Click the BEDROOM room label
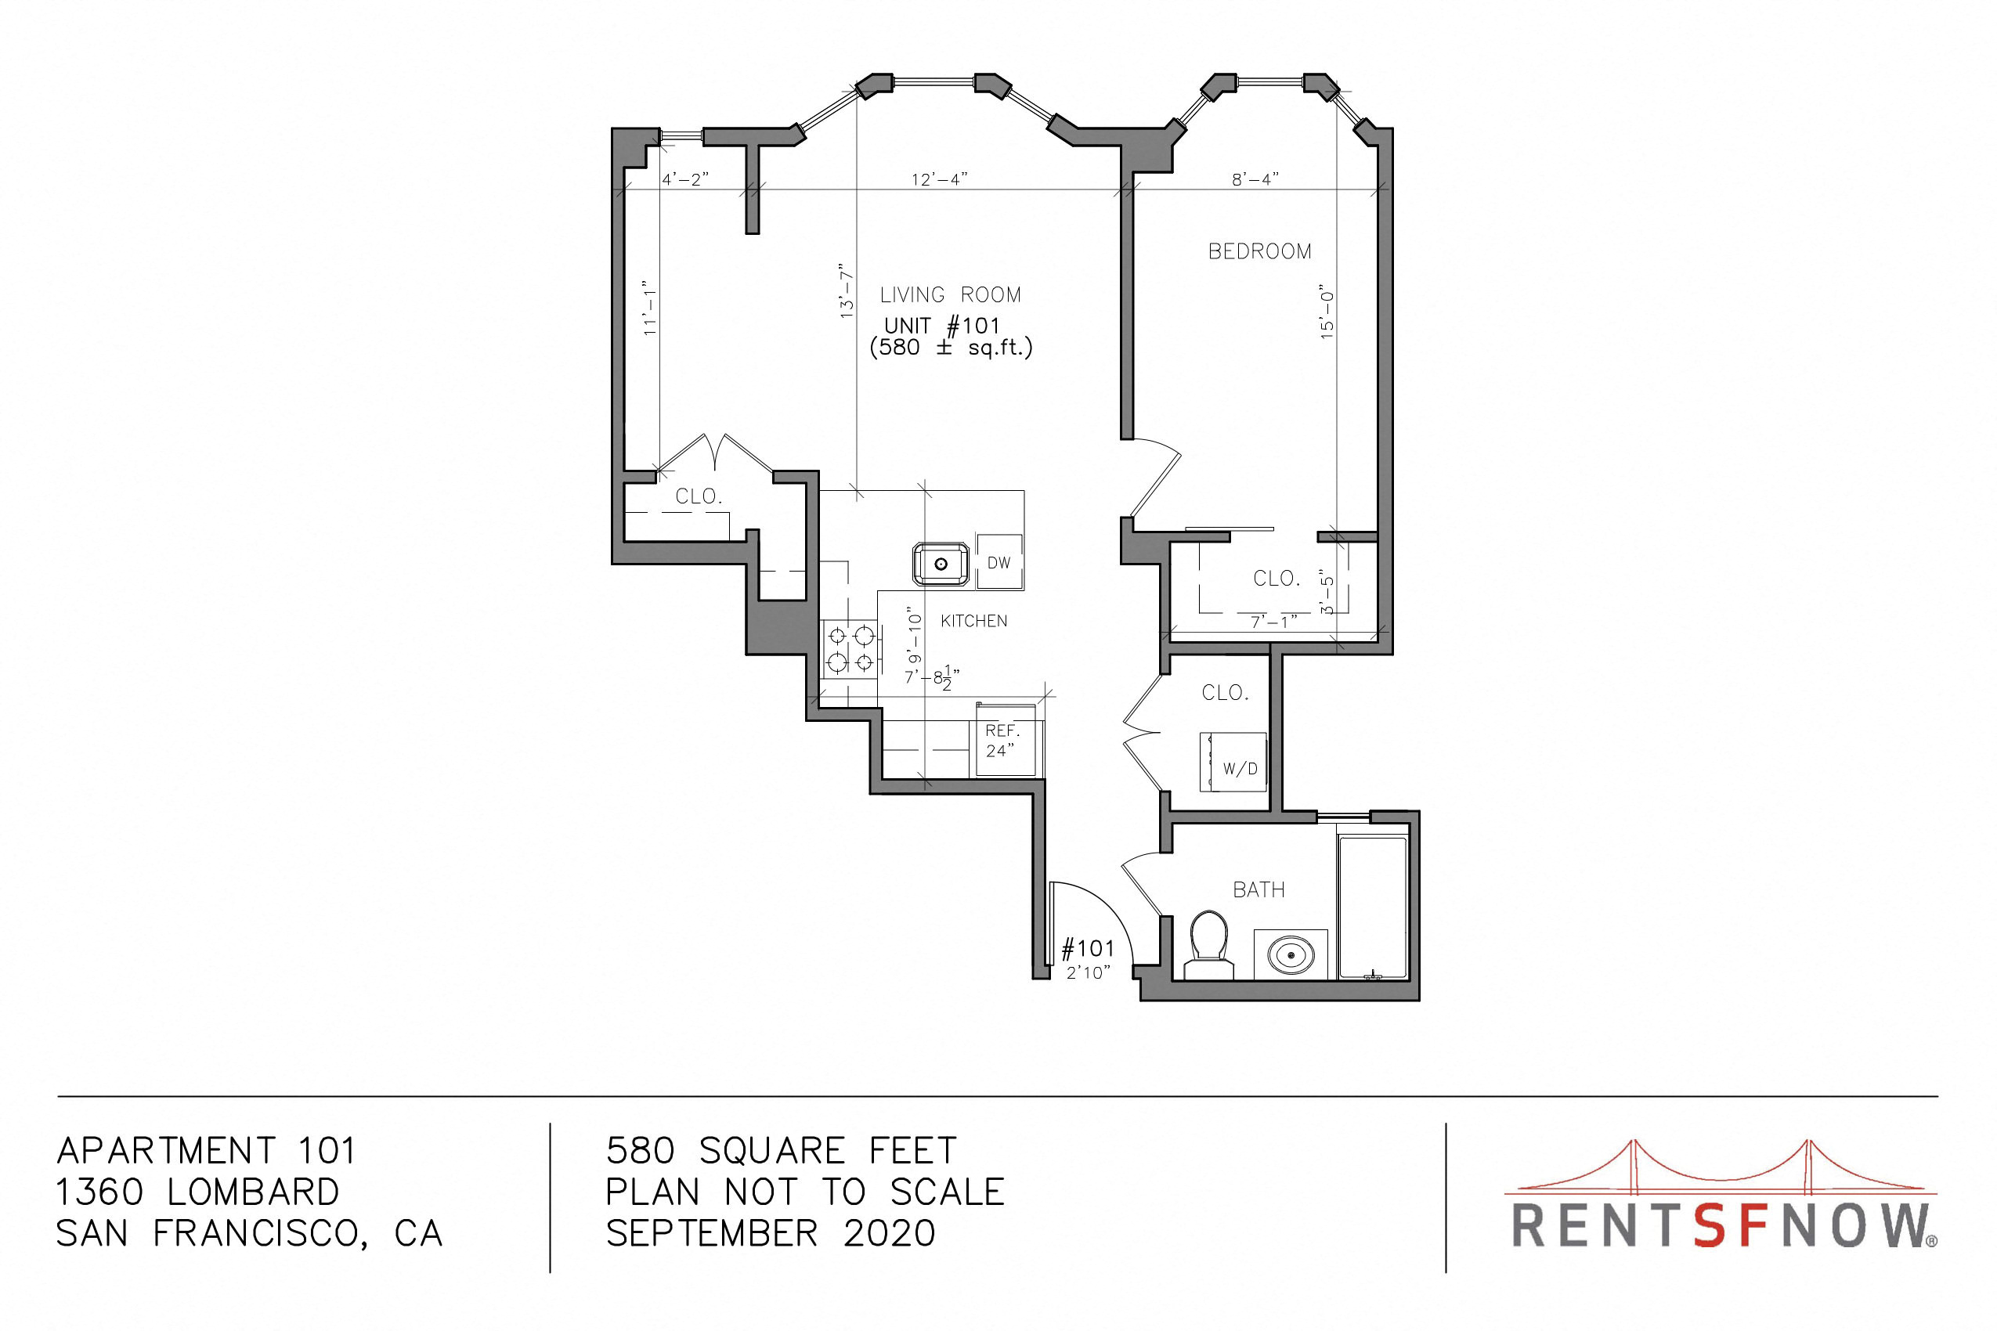(1260, 251)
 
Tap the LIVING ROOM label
(950, 294)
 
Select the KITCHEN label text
(974, 622)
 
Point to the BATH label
(1259, 889)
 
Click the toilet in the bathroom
(1208, 946)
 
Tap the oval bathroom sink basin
(1291, 955)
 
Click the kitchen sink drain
(941, 564)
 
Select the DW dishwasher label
(999, 563)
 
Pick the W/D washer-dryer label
(1240, 769)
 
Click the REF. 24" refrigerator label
(1002, 740)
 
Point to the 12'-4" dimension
(940, 179)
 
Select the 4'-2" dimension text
(685, 179)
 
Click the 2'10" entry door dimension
(1089, 972)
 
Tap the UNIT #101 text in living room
(942, 325)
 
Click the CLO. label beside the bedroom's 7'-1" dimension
(1277, 578)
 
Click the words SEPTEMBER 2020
(771, 1233)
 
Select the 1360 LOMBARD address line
(198, 1192)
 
